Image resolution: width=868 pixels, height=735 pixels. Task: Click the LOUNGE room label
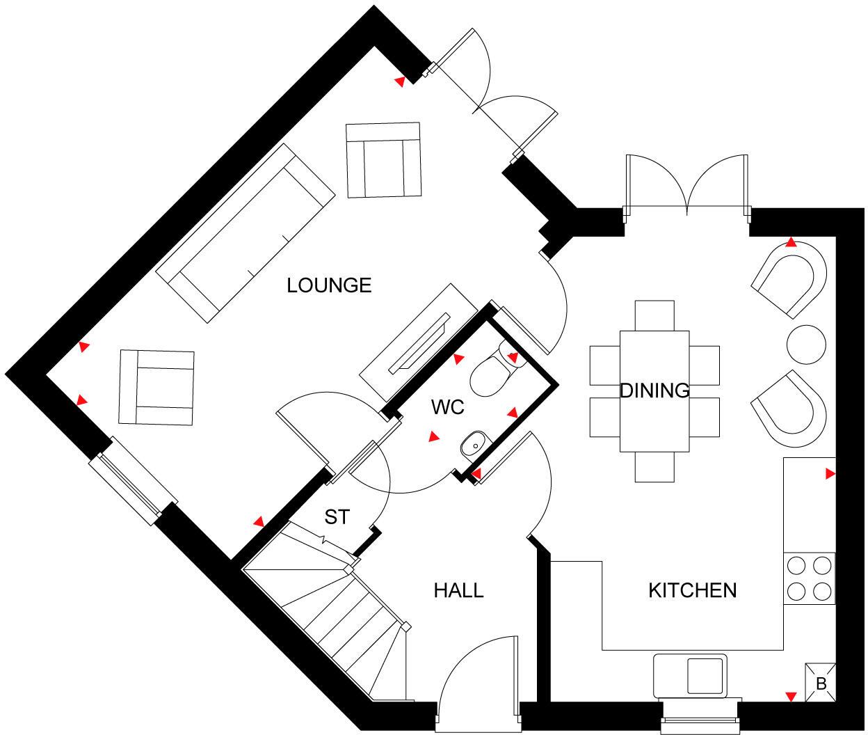pos(329,285)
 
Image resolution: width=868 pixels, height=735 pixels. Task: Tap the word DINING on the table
pos(654,390)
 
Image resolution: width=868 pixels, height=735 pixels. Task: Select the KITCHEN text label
pos(692,591)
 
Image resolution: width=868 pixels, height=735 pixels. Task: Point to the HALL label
pos(458,591)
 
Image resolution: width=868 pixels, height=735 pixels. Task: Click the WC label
pos(447,407)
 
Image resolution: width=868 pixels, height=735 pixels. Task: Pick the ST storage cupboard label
pos(337,517)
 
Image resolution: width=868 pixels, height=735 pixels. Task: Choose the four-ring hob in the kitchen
pos(810,578)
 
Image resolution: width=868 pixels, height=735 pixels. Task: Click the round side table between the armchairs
pos(807,344)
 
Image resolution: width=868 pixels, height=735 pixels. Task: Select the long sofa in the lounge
pos(245,234)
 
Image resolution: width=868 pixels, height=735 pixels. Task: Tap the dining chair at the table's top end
pos(654,315)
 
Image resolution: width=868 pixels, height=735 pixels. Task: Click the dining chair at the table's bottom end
pos(654,467)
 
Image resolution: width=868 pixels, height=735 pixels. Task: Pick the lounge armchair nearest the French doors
pos(383,160)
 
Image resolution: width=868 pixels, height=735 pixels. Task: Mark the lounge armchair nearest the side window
pos(156,387)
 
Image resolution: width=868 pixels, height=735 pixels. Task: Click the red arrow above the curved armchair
pos(791,242)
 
